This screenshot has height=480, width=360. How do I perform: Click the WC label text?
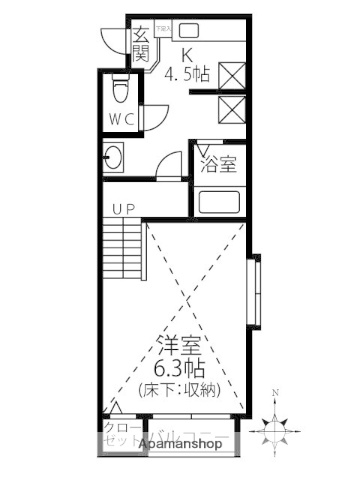click(122, 119)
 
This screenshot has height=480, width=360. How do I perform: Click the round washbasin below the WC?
click(114, 159)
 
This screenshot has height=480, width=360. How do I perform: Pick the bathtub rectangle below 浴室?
click(218, 202)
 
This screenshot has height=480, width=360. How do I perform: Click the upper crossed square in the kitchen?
click(231, 74)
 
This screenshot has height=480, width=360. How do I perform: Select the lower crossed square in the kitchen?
click(231, 109)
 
